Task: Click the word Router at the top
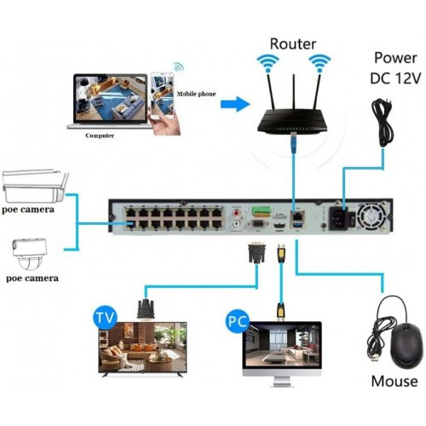293,43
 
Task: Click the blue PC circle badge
238,322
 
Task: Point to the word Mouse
394,381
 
